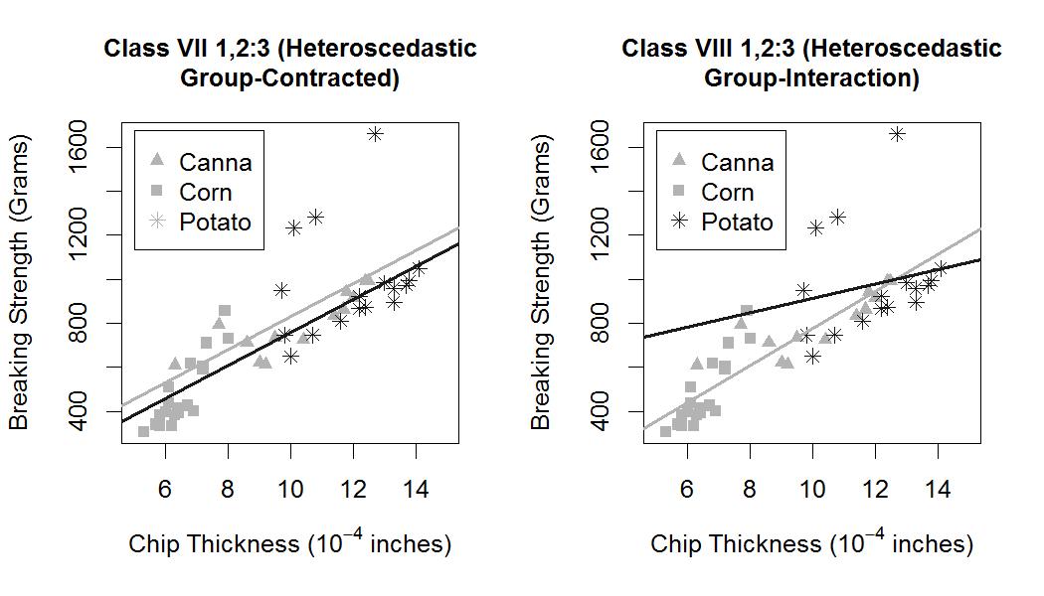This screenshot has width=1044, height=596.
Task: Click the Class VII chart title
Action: coord(290,63)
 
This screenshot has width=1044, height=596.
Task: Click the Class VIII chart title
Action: coord(811,63)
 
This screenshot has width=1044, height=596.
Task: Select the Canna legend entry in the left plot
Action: coord(201,162)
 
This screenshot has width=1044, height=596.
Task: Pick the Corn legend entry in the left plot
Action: coord(191,192)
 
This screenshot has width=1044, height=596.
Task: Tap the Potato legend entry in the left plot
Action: coord(201,222)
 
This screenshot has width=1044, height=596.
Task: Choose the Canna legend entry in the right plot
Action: coord(723,162)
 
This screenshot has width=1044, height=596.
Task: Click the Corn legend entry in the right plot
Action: coord(713,192)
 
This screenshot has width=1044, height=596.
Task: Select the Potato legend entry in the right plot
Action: coord(723,222)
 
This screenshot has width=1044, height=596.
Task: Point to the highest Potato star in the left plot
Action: coord(375,134)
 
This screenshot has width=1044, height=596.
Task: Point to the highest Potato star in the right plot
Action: coord(897,134)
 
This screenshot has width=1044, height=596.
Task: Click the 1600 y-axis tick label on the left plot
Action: coord(78,146)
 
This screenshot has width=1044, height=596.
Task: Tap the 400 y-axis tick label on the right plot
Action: coord(600,411)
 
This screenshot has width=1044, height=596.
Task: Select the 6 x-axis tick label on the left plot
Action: coord(164,490)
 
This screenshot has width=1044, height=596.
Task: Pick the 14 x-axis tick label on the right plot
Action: coord(938,490)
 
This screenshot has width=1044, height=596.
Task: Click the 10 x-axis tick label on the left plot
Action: coord(290,490)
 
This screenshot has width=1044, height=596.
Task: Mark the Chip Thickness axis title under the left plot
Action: coord(290,542)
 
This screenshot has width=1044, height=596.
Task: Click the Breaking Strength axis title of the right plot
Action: coord(540,282)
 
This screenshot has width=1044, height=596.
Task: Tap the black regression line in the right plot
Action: coord(812,298)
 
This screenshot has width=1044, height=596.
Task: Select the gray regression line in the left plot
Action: coord(290,317)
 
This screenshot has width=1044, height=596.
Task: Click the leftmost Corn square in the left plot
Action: coord(143,431)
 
